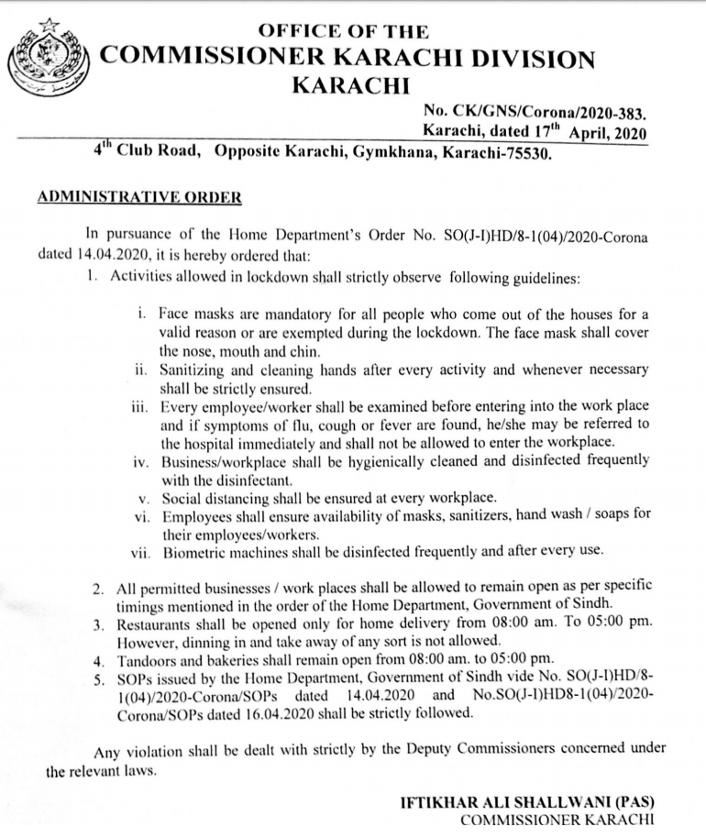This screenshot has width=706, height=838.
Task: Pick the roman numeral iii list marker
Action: coord(138,406)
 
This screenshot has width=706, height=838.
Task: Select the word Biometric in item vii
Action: coord(193,552)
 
